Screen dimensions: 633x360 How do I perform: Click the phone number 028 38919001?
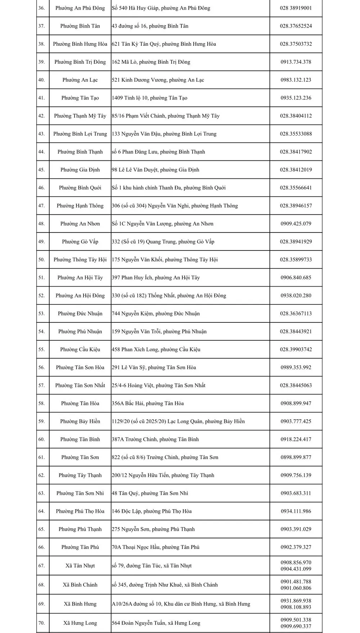pyautogui.click(x=296, y=8)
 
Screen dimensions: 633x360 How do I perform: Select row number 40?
pyautogui.click(x=41, y=80)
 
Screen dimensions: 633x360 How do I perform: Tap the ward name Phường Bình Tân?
pyautogui.click(x=80, y=26)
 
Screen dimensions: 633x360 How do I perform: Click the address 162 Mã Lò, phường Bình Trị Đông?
pyautogui.click(x=151, y=62)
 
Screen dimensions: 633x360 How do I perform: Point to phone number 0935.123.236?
pyautogui.click(x=296, y=98)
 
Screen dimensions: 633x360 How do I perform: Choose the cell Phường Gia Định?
pyautogui.click(x=80, y=170)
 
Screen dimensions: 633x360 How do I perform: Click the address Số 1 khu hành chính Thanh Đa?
pyautogui.click(x=168, y=188)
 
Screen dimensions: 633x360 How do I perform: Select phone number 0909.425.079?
pyautogui.click(x=296, y=224)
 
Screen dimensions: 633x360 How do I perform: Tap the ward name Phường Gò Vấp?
pyautogui.click(x=80, y=242)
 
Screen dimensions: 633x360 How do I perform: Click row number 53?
pyautogui.click(x=41, y=313)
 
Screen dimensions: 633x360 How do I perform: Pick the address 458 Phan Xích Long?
pyautogui.click(x=156, y=349)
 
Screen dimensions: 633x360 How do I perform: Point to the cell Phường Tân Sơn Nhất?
pyautogui.click(x=80, y=385)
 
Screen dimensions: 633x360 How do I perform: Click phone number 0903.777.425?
pyautogui.click(x=296, y=421)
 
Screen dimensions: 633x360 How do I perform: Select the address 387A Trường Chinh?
pyautogui.click(x=155, y=439)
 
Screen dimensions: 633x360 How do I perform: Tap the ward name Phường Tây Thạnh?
pyautogui.click(x=80, y=475)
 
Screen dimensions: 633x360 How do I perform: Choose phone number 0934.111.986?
pyautogui.click(x=296, y=511)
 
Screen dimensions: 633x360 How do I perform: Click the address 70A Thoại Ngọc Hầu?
pyautogui.click(x=156, y=547)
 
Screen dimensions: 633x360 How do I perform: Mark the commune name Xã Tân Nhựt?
pyautogui.click(x=80, y=566)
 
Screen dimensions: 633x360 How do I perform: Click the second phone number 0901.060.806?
pyautogui.click(x=296, y=588)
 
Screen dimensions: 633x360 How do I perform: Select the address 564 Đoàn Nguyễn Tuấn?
pyautogui.click(x=156, y=623)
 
